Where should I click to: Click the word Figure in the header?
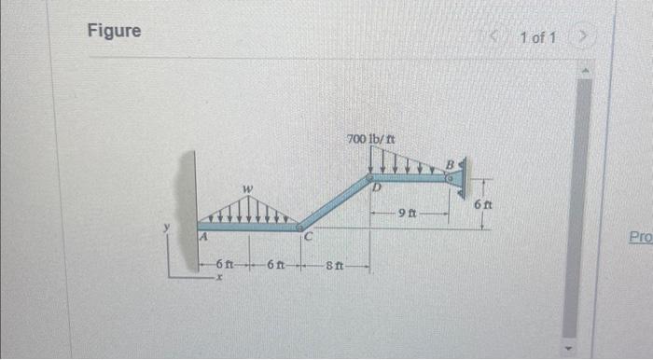coord(114,31)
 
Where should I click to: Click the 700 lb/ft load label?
coord(370,138)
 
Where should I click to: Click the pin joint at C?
coord(299,226)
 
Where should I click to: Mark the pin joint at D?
coord(369,175)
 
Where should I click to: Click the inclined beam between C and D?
coord(334,201)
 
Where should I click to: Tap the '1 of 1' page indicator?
coord(538,38)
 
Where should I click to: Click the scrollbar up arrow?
coord(584,70)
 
